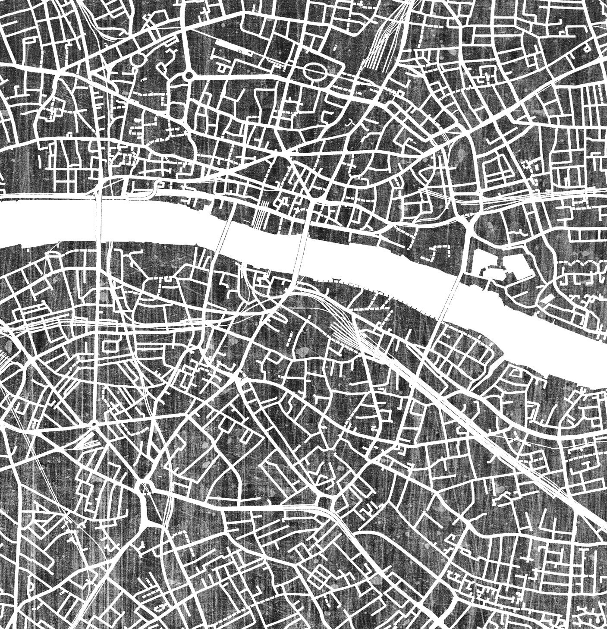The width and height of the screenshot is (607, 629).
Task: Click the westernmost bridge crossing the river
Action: tap(100, 220)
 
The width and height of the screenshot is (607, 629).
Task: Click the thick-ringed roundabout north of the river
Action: tap(189, 75)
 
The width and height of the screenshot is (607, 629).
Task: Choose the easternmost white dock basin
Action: tap(516, 264)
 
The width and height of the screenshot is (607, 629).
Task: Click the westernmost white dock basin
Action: tap(481, 261)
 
